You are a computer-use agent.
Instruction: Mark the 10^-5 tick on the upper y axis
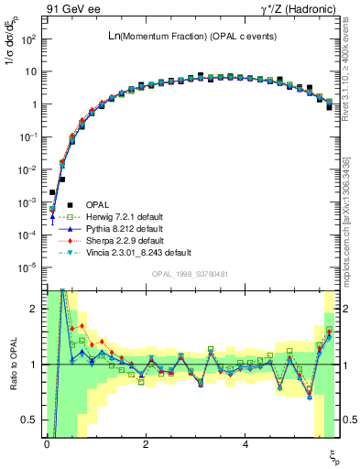pyautogui.click(x=27, y=267)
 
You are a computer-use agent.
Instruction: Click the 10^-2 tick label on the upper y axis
pyautogui.click(x=27, y=169)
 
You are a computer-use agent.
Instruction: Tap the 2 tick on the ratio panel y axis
pyautogui.click(x=31, y=309)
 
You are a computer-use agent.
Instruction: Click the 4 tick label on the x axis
pyautogui.click(x=245, y=444)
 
